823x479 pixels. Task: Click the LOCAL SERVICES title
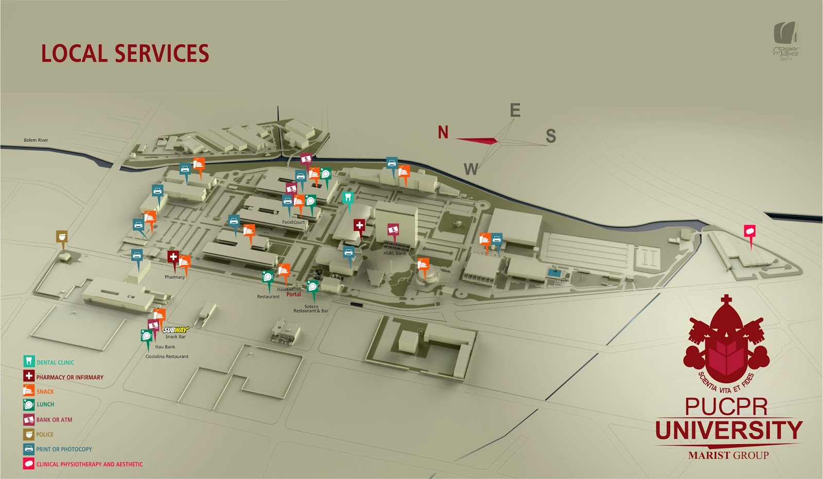pos(125,53)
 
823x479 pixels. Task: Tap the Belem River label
pos(36,140)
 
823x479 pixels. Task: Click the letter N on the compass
pos(443,133)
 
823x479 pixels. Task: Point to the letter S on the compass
pos(550,136)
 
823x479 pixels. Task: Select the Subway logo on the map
pos(176,330)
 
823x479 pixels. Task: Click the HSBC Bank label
pos(395,253)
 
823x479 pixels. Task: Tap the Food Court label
pos(293,222)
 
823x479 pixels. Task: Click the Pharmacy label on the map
pos(174,277)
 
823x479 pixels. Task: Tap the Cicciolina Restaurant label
pos(167,356)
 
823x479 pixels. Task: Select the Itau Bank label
pos(165,347)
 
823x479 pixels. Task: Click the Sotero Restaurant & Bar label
pos(311,308)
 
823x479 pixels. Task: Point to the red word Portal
pos(294,294)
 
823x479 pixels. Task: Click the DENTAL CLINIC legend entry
pos(55,362)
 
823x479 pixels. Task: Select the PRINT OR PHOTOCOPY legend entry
pos(64,449)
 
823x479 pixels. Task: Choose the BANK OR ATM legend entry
pos(54,420)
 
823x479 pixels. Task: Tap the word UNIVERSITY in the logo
pos(728,430)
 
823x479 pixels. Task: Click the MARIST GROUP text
pos(728,455)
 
